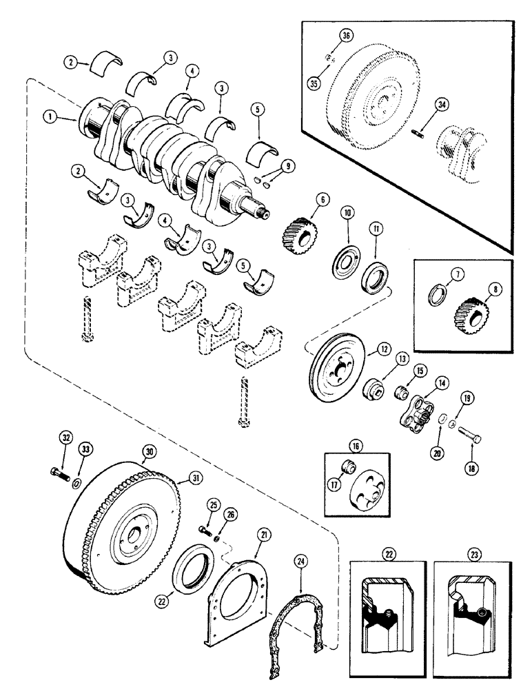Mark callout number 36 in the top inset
click(x=327, y=37)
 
